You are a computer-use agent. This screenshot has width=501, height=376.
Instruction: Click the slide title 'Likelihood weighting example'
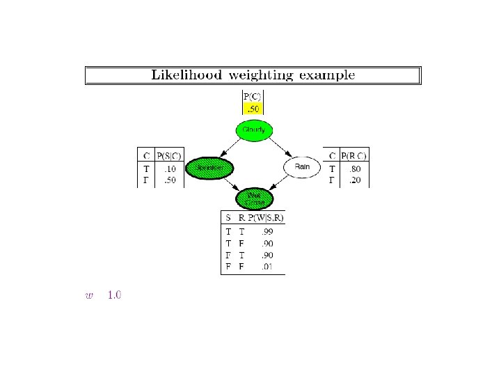pos(253,75)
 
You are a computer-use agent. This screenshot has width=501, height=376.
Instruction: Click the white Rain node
pos(301,167)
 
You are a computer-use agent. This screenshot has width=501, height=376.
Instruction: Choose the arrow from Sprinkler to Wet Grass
pos(230,184)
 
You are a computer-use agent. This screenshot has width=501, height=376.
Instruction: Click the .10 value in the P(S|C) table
pos(168,169)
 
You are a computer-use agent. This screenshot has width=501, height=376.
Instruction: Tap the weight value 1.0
pos(114,295)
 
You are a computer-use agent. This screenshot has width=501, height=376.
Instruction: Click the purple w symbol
pos(88,296)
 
